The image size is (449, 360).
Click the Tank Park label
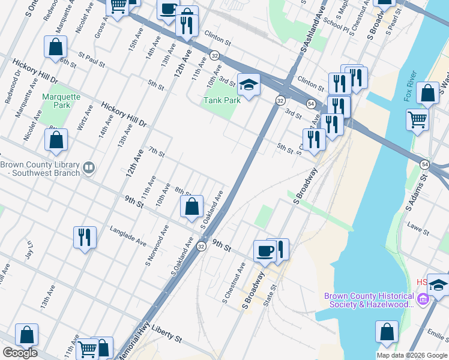(x=223, y=100)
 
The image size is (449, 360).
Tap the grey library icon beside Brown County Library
(x=89, y=167)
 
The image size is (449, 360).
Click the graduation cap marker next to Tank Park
(x=249, y=85)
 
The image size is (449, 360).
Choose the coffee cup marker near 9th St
(x=265, y=251)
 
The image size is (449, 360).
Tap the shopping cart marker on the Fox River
(x=417, y=118)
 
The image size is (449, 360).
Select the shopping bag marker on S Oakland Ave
(x=191, y=207)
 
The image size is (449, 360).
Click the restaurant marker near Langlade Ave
(x=85, y=236)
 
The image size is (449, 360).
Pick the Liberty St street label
(x=166, y=334)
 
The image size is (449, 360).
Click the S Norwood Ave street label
(x=157, y=246)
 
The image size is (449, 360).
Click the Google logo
(x=20, y=353)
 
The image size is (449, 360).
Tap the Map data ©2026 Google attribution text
(x=411, y=355)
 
